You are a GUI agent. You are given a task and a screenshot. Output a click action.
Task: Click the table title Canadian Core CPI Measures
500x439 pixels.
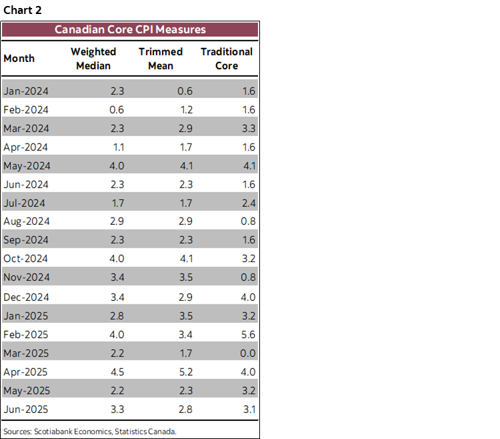(x=130, y=29)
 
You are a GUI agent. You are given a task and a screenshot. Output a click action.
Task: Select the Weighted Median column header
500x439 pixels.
(x=93, y=59)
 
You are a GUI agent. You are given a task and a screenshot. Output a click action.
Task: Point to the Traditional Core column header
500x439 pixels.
(x=227, y=59)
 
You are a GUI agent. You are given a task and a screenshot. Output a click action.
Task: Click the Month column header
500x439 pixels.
(x=19, y=59)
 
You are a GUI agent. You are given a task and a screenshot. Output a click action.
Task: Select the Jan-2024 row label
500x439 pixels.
(x=26, y=91)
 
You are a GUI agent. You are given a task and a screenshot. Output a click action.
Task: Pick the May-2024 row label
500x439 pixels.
(x=27, y=165)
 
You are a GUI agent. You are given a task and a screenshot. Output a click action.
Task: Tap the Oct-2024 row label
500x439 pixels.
(x=26, y=259)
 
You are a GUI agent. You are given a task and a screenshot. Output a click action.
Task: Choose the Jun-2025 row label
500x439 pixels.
(x=26, y=409)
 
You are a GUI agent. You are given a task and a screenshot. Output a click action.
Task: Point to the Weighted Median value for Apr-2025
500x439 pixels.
(x=117, y=372)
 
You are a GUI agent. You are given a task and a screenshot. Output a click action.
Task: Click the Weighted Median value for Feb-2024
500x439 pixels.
(x=117, y=109)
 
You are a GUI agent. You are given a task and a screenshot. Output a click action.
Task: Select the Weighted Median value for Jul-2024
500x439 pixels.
(x=117, y=203)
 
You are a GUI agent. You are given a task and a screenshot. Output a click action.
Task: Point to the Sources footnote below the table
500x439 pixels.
(x=90, y=432)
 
